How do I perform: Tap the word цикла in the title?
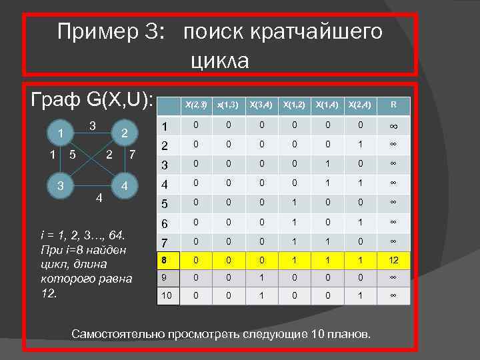point(219,61)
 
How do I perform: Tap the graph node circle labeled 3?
point(61,185)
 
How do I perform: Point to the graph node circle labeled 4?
point(124,185)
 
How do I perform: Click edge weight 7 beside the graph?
point(133,156)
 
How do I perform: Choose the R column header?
point(393,104)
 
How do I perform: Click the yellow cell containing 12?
point(393,257)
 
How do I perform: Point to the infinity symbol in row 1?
point(393,125)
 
